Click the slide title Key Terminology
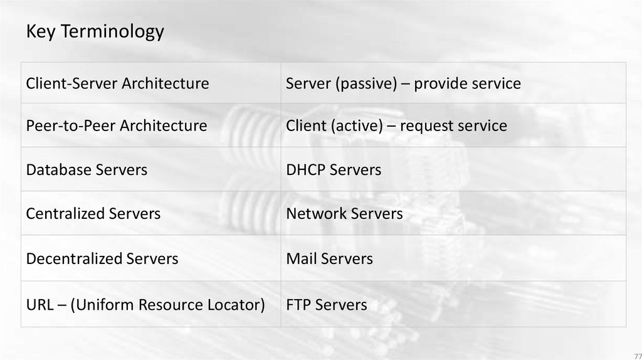(95, 31)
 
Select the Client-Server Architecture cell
(117, 83)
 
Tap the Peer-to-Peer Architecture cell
(117, 125)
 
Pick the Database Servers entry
(87, 169)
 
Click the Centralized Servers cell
(93, 213)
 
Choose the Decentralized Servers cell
(102, 258)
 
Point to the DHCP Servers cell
(334, 169)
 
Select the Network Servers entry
(344, 213)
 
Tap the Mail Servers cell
(329, 258)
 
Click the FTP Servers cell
(327, 305)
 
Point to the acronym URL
(39, 305)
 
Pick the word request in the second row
(423, 125)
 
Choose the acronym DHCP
(305, 169)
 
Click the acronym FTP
(298, 305)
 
